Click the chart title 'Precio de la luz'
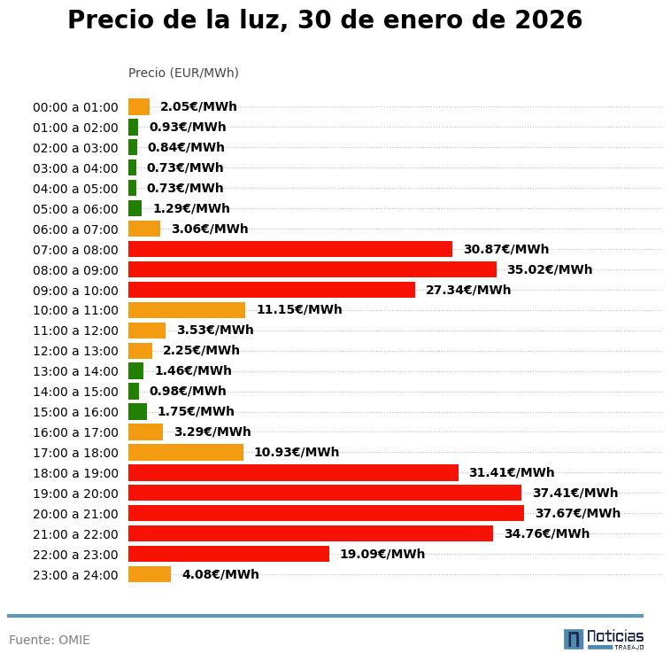(325, 20)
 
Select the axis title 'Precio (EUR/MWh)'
(183, 73)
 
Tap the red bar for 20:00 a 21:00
(326, 513)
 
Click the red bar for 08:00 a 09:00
(312, 269)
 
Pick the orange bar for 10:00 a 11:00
(187, 310)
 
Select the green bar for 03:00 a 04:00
(133, 167)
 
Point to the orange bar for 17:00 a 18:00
(186, 452)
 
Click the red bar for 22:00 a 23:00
(228, 554)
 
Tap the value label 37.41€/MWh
(575, 493)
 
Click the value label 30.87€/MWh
(505, 249)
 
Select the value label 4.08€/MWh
(220, 574)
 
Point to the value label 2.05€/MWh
(198, 106)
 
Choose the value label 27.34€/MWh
(468, 290)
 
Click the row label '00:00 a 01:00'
(75, 107)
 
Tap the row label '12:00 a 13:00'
(75, 351)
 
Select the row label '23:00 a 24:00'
(75, 575)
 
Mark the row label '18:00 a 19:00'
(75, 473)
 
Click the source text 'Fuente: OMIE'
(50, 640)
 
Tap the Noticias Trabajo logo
(603, 639)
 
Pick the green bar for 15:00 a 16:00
(137, 411)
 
